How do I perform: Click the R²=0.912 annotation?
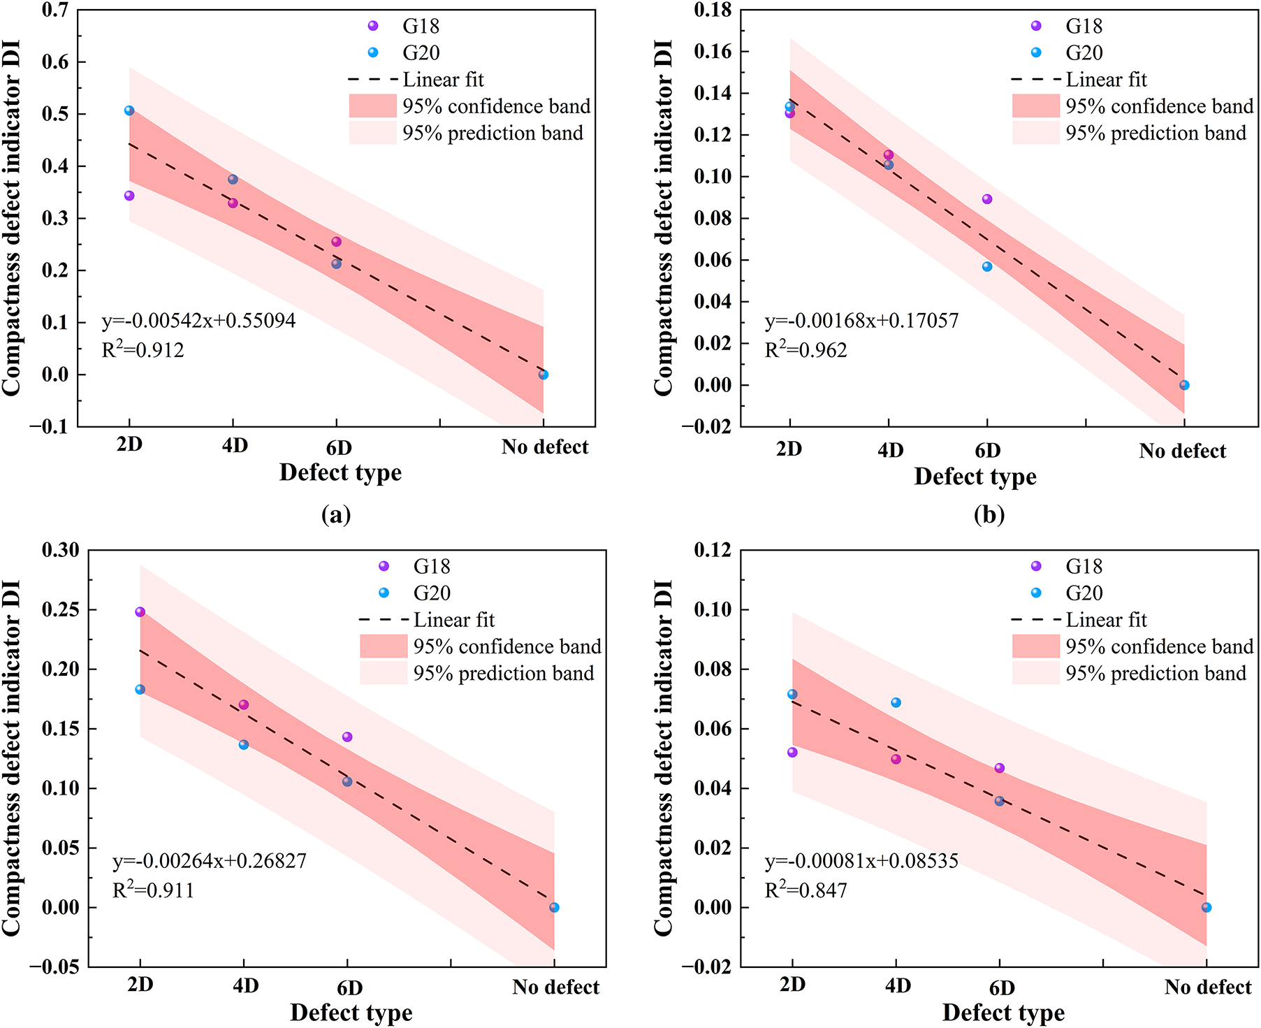[143, 349]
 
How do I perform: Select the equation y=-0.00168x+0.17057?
[861, 321]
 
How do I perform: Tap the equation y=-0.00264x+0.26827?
[210, 860]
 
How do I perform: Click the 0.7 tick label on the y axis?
[55, 10]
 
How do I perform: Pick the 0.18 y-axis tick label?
[713, 10]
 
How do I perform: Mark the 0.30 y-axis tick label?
[61, 550]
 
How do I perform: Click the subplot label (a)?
[336, 515]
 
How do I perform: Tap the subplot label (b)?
[989, 515]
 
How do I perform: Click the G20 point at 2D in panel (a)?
[129, 110]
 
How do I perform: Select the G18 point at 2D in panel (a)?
[129, 196]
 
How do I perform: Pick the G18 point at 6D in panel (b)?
[987, 199]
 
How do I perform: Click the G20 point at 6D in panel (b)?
[987, 266]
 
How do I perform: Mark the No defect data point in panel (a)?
[544, 375]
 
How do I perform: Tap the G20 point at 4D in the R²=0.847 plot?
[896, 702]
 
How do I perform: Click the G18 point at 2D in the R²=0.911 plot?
[140, 611]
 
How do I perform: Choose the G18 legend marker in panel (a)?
[373, 26]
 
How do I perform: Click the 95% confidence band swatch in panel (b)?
[1036, 106]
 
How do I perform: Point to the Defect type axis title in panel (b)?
[975, 477]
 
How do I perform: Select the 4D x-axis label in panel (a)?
[235, 446]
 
